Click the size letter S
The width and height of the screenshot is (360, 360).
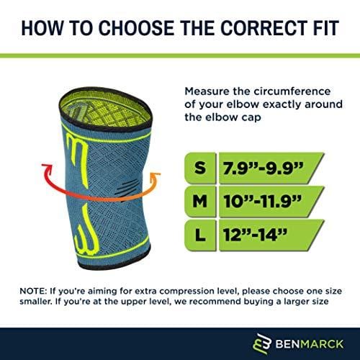pyautogui.click(x=200, y=168)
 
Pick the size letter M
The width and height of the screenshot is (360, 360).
pyautogui.click(x=199, y=201)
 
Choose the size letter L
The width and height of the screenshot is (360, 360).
pyautogui.click(x=200, y=235)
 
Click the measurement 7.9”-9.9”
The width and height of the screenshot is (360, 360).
pyautogui.click(x=264, y=168)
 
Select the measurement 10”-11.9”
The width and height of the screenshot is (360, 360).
pyautogui.click(x=262, y=201)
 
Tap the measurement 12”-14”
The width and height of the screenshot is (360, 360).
pyautogui.click(x=255, y=235)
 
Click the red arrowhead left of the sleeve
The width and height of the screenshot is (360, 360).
pyautogui.click(x=47, y=168)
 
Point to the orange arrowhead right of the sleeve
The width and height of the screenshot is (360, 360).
pyautogui.click(x=156, y=175)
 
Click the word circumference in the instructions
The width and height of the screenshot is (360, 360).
pyautogui.click(x=292, y=91)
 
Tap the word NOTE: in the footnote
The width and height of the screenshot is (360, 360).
pyautogui.click(x=33, y=291)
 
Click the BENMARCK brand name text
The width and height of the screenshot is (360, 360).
pyautogui.click(x=310, y=344)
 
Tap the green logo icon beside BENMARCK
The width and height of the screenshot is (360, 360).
pyautogui.click(x=262, y=343)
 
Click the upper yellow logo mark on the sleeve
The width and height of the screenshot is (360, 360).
pyautogui.click(x=78, y=157)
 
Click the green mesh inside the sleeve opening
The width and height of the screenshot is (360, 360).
pyautogui.click(x=106, y=109)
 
